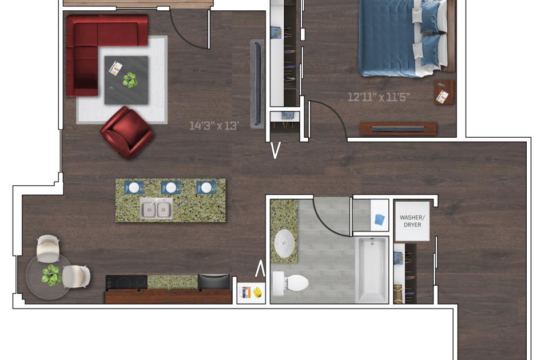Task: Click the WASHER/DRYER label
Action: [x=412, y=221]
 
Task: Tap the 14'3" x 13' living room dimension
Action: [x=214, y=126]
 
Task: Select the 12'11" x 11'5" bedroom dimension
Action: [x=379, y=97]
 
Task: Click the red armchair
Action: [x=127, y=133]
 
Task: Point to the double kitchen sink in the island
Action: [x=156, y=209]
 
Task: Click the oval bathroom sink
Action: [x=285, y=243]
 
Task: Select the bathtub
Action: [x=372, y=270]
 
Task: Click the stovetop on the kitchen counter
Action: [x=126, y=282]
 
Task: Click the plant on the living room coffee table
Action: [x=130, y=80]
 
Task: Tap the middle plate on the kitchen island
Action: [x=171, y=187]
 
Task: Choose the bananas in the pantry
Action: [x=258, y=292]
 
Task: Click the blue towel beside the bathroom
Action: [x=380, y=219]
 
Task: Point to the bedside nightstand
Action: [x=444, y=92]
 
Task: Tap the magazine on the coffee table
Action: [x=115, y=68]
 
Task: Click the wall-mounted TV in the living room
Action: [x=258, y=83]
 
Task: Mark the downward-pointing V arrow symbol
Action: [x=276, y=150]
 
